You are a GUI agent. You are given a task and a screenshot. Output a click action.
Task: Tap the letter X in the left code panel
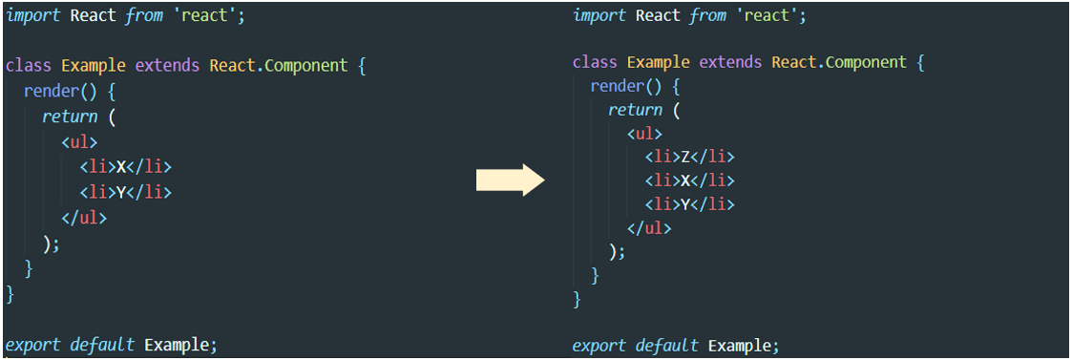121,167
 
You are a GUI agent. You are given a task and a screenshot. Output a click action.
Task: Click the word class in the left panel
30,66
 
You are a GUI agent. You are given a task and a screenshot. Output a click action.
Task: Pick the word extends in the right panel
730,63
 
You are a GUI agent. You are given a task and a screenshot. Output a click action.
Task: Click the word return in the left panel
70,116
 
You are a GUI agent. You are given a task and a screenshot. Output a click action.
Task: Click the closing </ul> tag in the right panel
649,228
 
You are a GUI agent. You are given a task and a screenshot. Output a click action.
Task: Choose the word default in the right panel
668,345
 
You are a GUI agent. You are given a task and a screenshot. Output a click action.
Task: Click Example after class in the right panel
658,63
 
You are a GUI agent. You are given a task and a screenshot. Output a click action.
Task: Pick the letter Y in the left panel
121,192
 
